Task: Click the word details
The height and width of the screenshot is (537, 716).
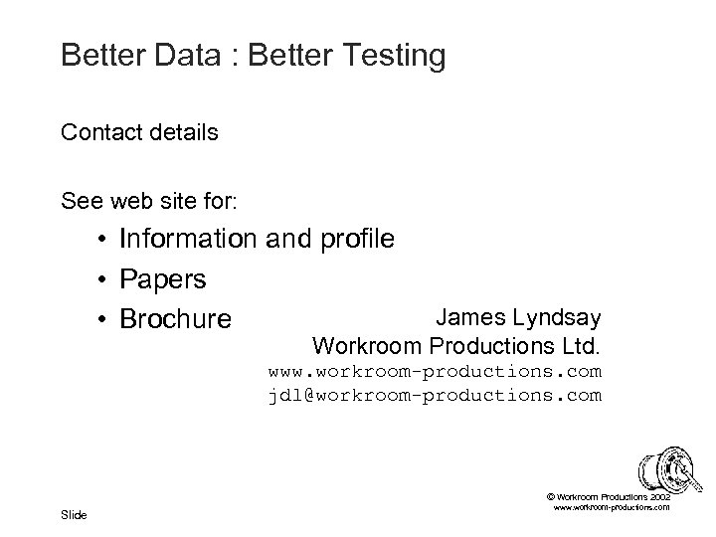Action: pyautogui.click(x=184, y=131)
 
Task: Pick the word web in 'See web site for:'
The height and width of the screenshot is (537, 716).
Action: pyautogui.click(x=120, y=202)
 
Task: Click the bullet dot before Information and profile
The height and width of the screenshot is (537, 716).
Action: pyautogui.click(x=102, y=241)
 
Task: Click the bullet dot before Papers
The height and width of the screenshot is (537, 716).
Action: pyautogui.click(x=102, y=279)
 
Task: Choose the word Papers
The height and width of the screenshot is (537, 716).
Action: pyautogui.click(x=163, y=280)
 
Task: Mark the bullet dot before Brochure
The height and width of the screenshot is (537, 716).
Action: pyautogui.click(x=102, y=319)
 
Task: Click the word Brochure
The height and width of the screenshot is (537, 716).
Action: pyautogui.click(x=175, y=319)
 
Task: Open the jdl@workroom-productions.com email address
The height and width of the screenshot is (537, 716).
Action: pyautogui.click(x=435, y=396)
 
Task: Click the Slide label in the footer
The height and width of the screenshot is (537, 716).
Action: pyautogui.click(x=74, y=514)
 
